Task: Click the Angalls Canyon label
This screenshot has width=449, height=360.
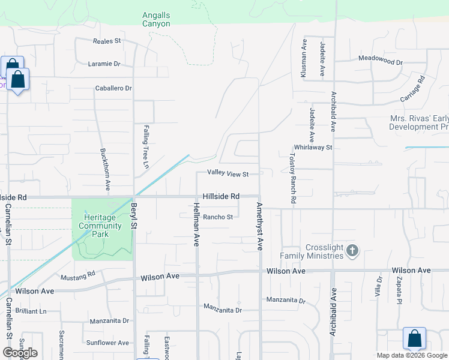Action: (x=156, y=19)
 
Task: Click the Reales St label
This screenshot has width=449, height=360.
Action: (x=107, y=41)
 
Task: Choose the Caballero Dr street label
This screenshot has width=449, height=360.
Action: (x=113, y=88)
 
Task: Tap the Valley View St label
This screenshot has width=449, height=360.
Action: (x=228, y=173)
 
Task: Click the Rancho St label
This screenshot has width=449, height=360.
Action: (x=217, y=217)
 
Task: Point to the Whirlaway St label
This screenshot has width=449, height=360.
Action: (x=313, y=147)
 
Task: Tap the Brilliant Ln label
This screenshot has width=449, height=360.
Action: (x=31, y=311)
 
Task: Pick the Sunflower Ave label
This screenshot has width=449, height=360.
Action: (x=107, y=343)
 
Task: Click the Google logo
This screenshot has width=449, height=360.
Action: (x=20, y=353)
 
